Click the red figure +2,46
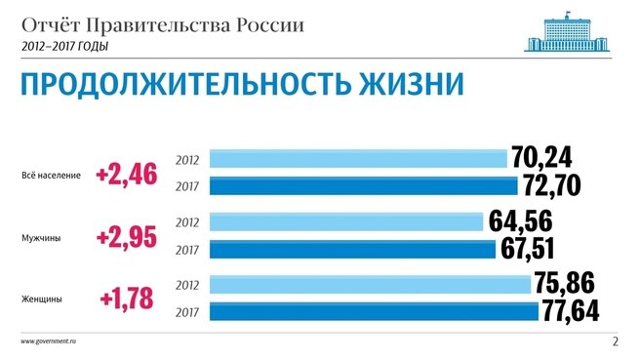(126, 175)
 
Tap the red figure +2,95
(126, 237)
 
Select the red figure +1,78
(126, 299)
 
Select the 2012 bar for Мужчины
(346, 222)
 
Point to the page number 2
(616, 341)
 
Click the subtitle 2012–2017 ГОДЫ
(63, 45)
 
